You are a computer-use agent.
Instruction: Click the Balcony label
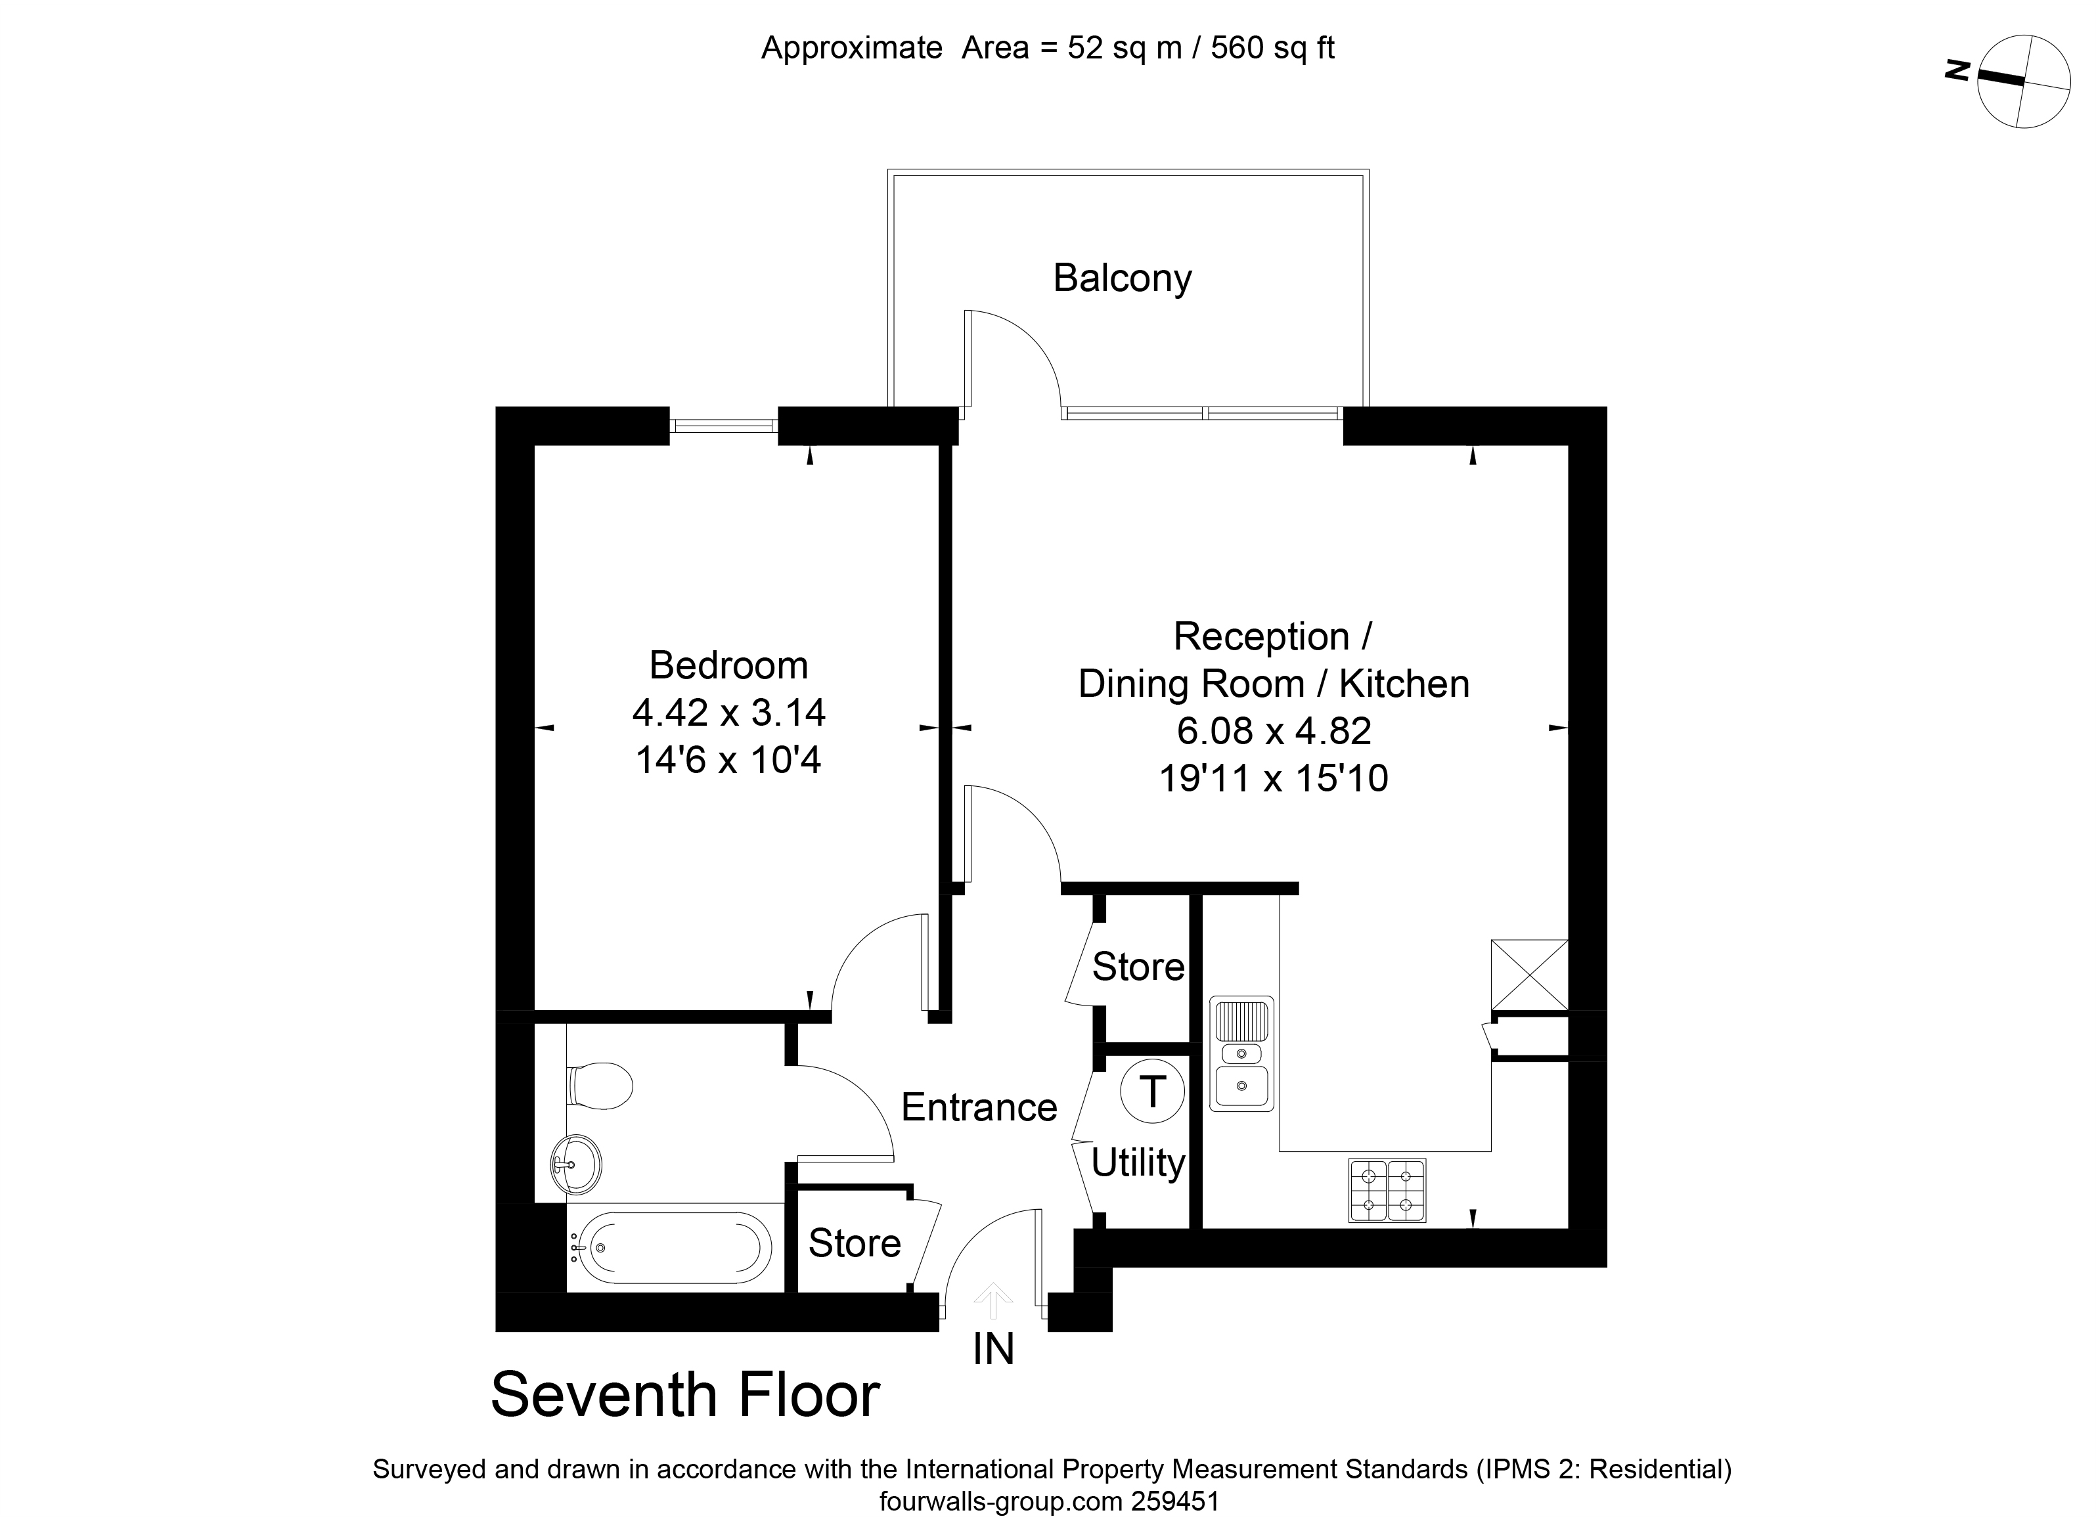[x=1122, y=279]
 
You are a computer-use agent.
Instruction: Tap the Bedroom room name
[x=728, y=665]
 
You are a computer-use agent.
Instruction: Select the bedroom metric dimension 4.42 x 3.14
[x=728, y=713]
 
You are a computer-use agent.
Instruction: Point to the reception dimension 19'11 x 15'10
[x=1274, y=778]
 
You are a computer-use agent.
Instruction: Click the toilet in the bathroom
[x=601, y=1084]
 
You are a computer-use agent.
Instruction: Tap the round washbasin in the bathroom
[x=576, y=1164]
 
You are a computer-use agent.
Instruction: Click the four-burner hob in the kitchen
[x=1387, y=1191]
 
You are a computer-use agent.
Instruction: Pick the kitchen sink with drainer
[x=1242, y=1053]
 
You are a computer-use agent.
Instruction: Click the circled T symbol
[x=1152, y=1092]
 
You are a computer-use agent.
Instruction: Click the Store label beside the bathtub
[x=855, y=1244]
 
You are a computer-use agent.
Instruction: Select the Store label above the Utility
[x=1138, y=967]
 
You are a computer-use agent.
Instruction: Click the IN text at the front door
[x=993, y=1350]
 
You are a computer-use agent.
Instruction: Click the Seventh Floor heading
[x=685, y=1396]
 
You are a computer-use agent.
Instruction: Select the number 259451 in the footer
[x=1176, y=1502]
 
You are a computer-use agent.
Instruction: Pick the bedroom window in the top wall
[x=724, y=426]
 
